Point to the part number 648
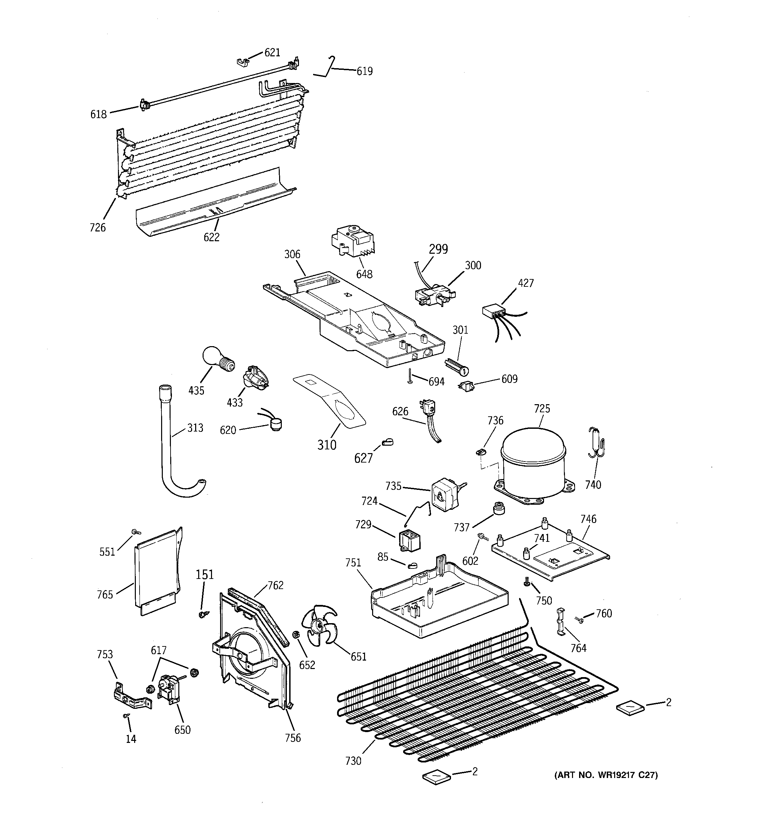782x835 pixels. [x=364, y=274]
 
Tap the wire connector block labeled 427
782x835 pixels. [x=493, y=312]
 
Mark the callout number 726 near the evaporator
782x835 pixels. [x=97, y=228]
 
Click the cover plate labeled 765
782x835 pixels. [x=156, y=571]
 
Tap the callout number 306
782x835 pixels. [x=292, y=254]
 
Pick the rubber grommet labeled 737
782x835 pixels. [x=498, y=509]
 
